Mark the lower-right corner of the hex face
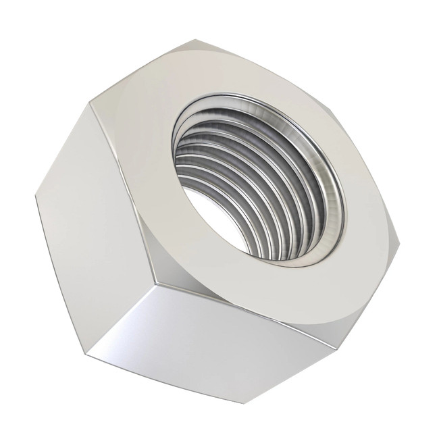(x=338, y=351)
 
